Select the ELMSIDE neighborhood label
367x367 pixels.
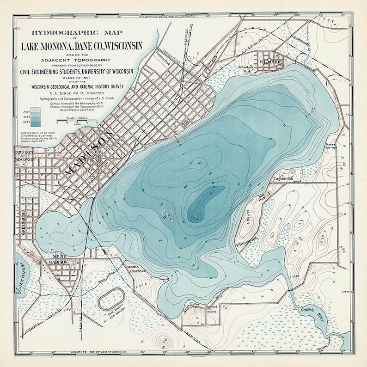pyautogui.click(x=268, y=60)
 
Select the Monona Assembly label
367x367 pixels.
pyautogui.click(x=137, y=269)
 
